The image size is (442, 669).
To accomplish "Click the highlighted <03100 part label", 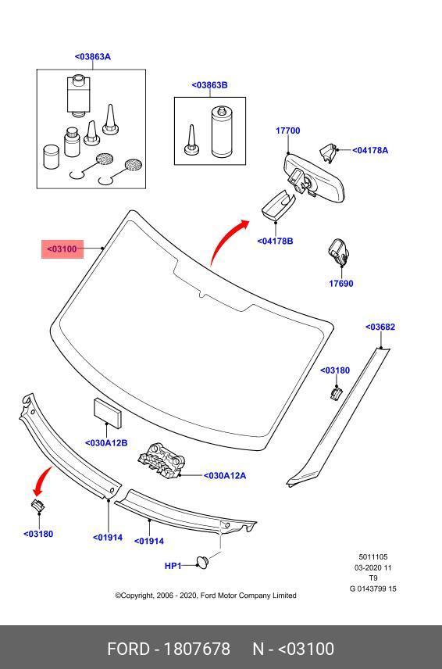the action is [x=62, y=249].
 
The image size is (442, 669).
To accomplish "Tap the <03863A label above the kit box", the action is [x=92, y=57].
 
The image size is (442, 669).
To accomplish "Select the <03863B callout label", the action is [x=209, y=85].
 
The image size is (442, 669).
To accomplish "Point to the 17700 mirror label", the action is [x=287, y=131].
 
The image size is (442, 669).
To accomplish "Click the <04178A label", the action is [x=370, y=150].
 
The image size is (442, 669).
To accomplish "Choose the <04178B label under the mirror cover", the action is [x=275, y=241].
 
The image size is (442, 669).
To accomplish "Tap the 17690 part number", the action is [x=341, y=283].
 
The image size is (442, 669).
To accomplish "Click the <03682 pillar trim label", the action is [x=380, y=327].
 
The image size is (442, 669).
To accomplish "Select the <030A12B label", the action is [x=106, y=443].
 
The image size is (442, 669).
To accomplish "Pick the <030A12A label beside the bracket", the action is [x=225, y=476].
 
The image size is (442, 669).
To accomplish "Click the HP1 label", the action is [x=173, y=566].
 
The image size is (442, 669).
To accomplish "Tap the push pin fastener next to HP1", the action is [x=203, y=562].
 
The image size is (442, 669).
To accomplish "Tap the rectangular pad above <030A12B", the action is [x=107, y=413].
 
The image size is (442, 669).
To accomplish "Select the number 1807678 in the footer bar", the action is [x=197, y=649].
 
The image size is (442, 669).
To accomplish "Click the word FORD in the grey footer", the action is [x=128, y=649].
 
